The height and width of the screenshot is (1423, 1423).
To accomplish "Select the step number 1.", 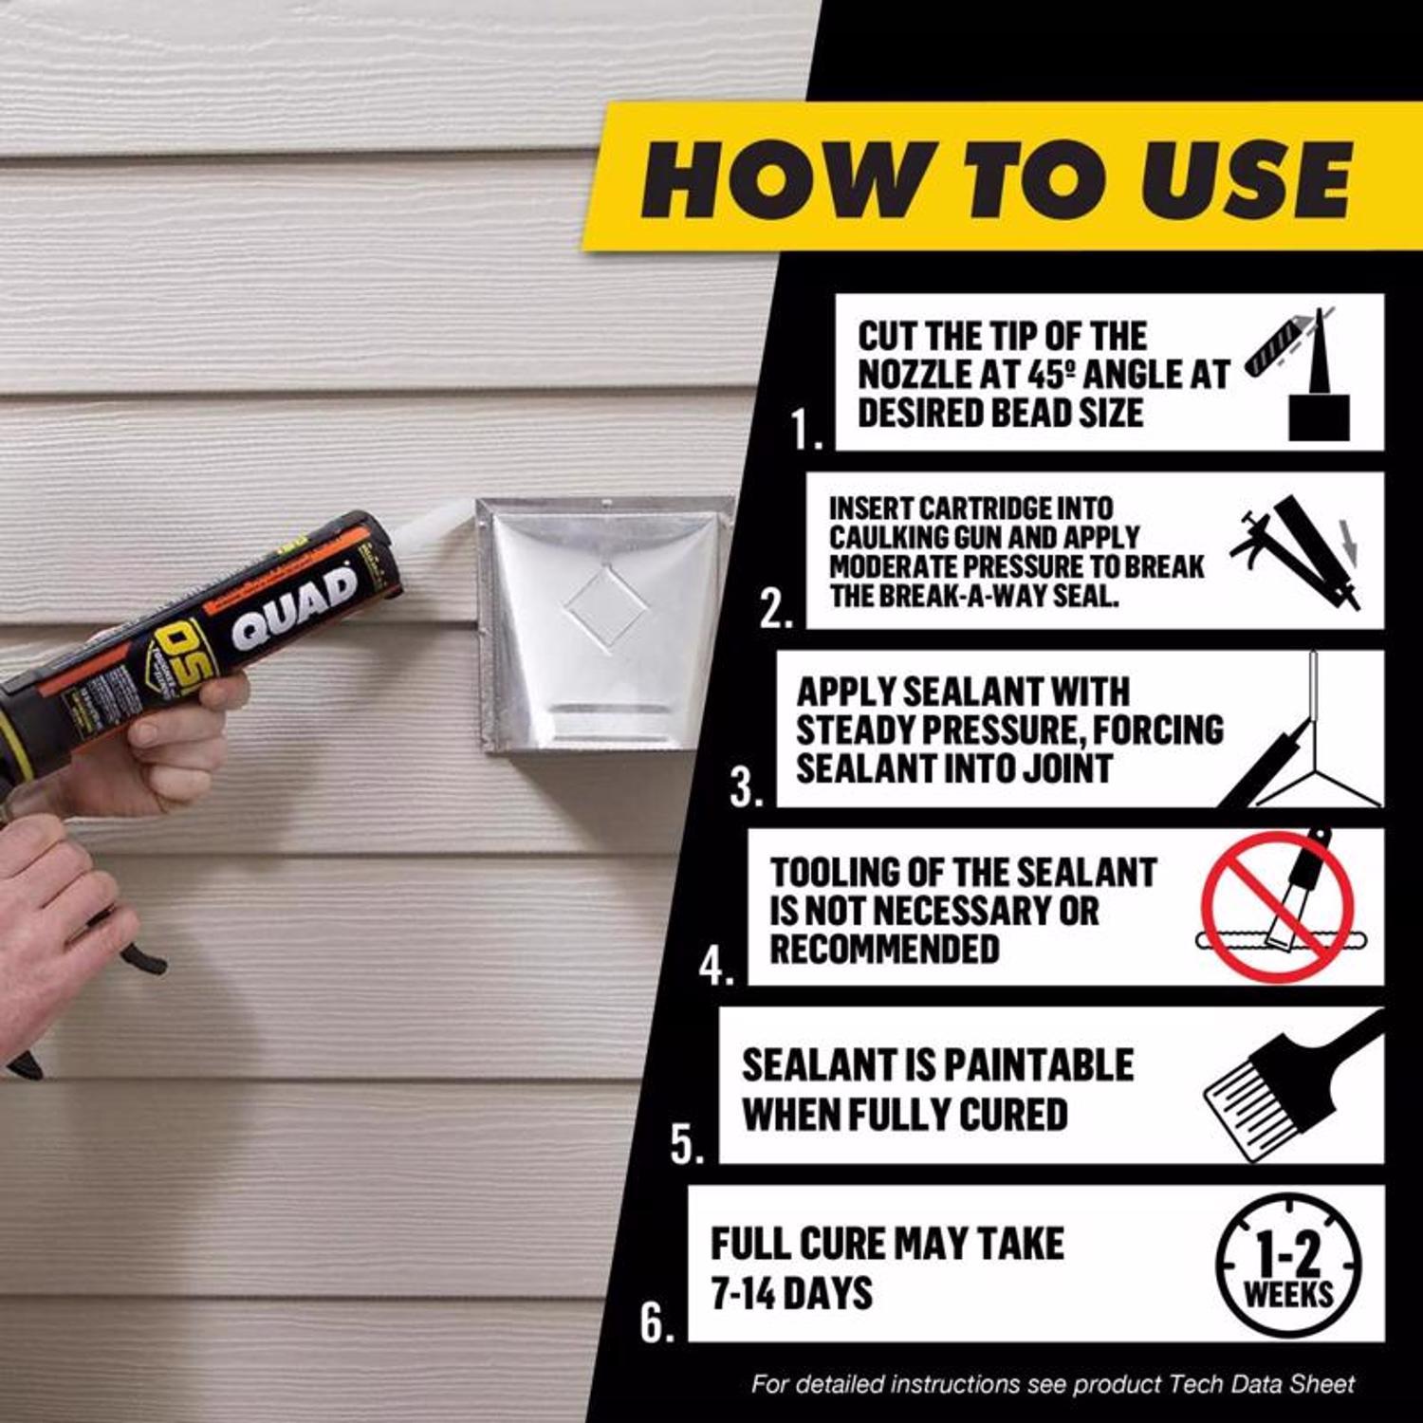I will [807, 430].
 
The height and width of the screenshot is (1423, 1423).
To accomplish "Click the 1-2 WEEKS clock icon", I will [1287, 1266].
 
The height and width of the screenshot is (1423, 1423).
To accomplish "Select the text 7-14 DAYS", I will [791, 1293].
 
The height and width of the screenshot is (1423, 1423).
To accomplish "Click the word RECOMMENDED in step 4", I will [884, 949].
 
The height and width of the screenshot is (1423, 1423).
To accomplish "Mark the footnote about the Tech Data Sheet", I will [1052, 1384].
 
